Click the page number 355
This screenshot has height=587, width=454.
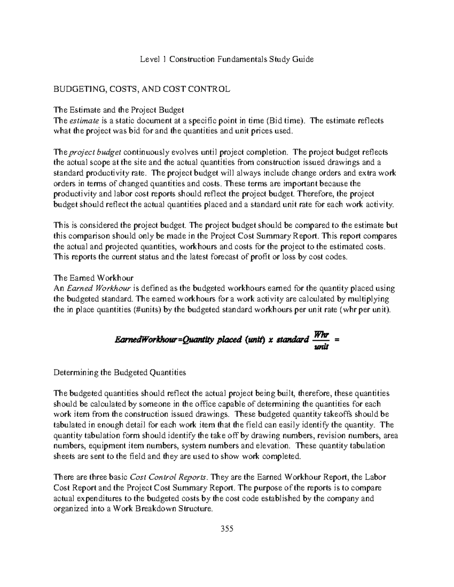227,528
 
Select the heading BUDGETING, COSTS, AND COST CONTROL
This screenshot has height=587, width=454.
141,89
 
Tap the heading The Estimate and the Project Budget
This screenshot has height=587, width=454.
119,110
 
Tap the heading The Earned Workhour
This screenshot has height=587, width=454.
93,278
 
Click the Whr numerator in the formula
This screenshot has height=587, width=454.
322,335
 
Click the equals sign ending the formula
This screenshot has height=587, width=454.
337,339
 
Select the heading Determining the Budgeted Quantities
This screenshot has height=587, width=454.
120,372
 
